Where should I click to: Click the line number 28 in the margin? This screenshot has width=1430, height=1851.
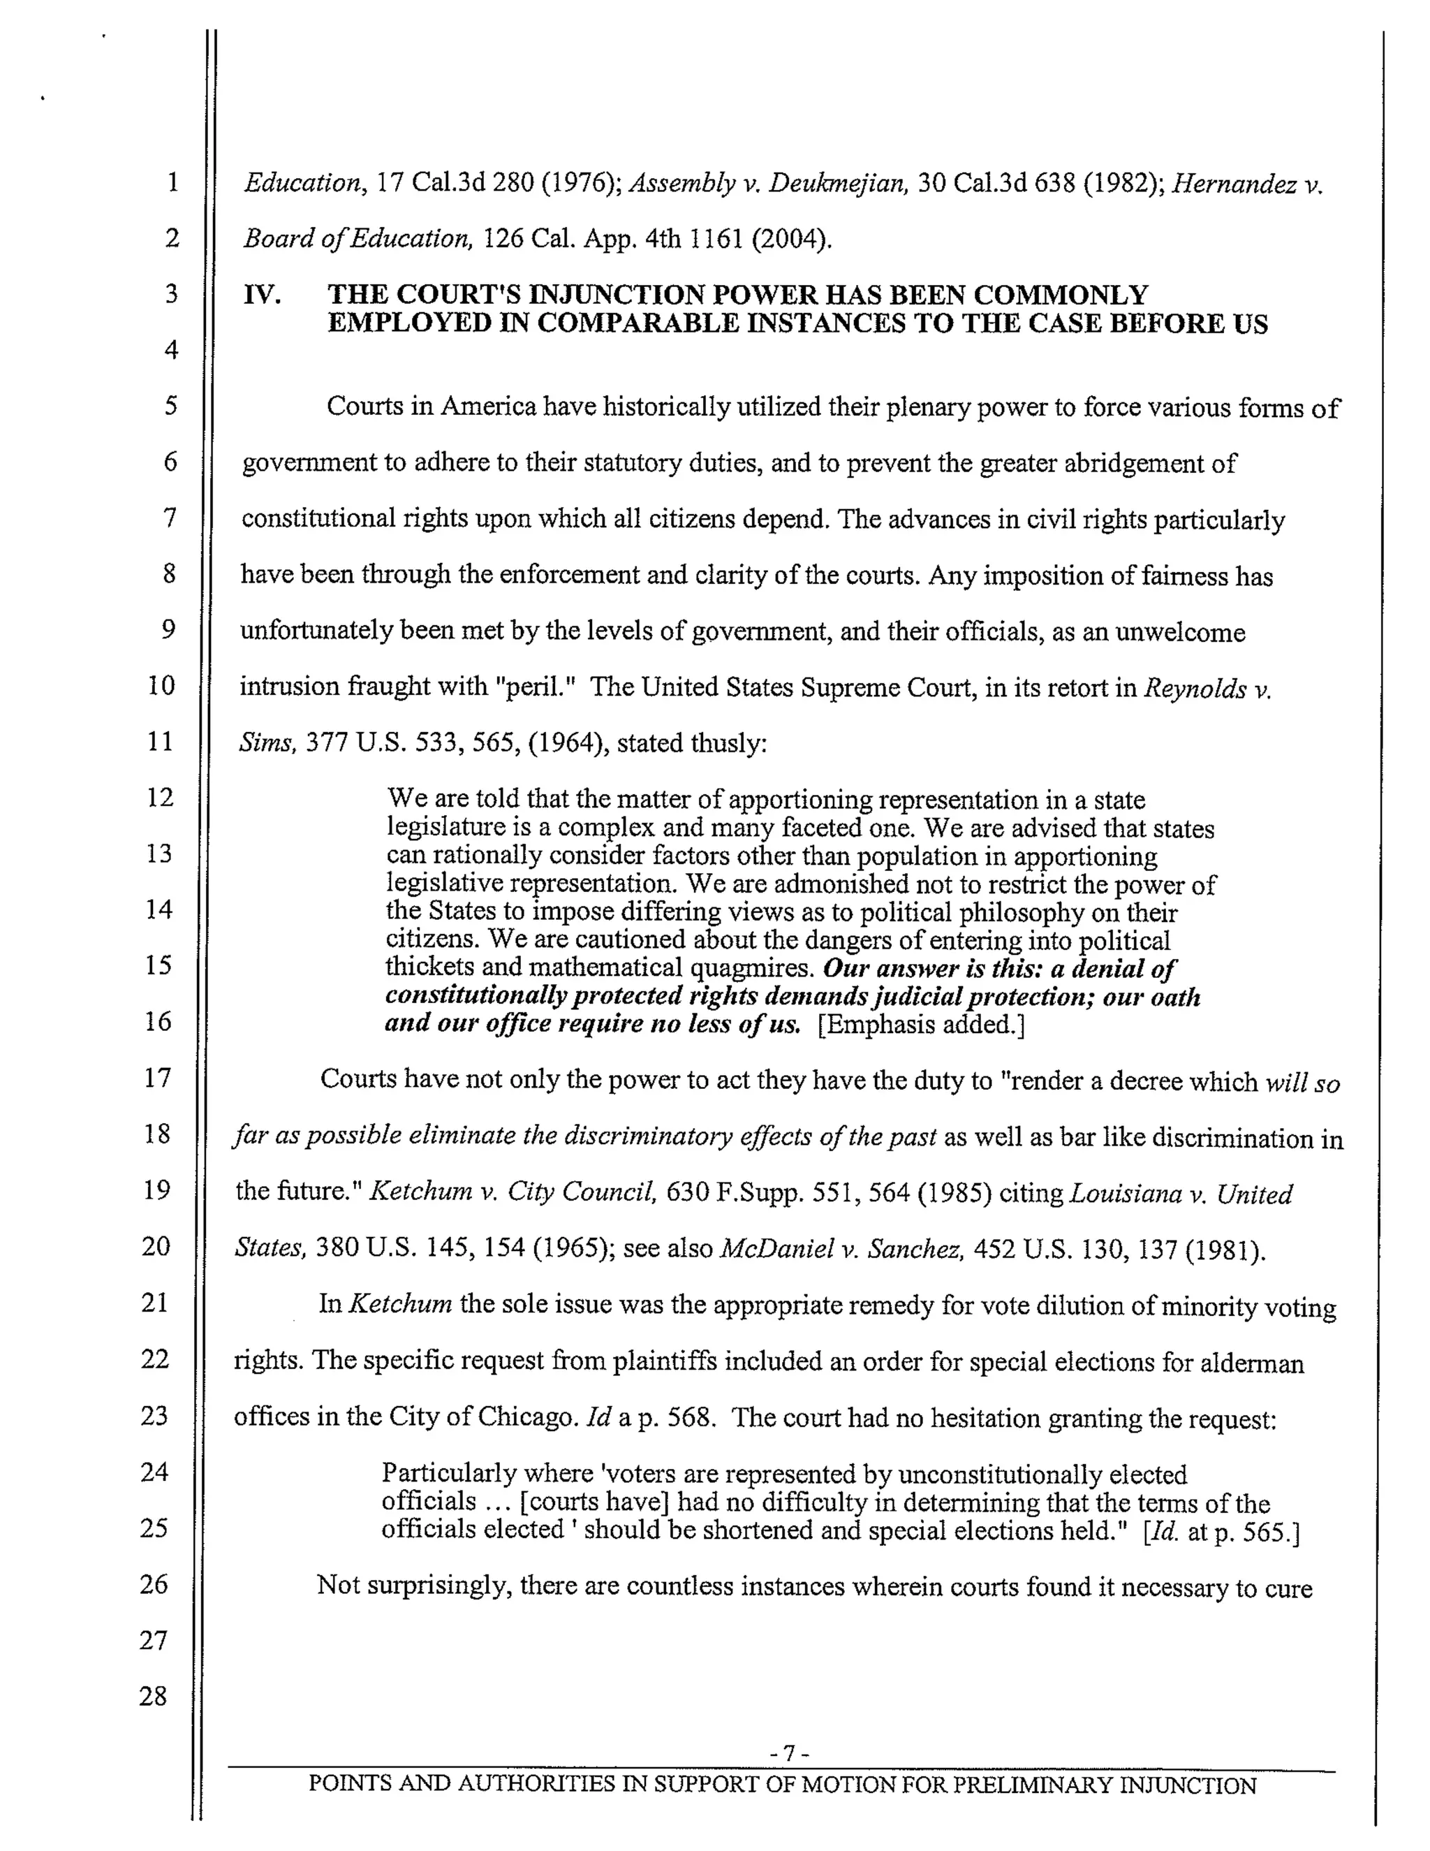(x=154, y=1696)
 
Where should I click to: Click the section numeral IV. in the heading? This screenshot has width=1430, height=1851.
(x=262, y=295)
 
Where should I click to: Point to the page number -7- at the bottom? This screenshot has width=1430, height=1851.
(x=790, y=1751)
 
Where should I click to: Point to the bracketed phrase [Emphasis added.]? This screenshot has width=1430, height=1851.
(x=921, y=1025)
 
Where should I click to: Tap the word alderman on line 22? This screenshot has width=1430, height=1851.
(x=1251, y=1362)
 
